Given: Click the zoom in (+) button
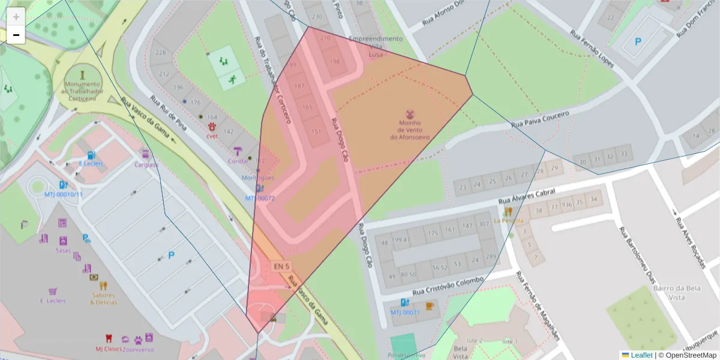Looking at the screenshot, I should click(16, 17).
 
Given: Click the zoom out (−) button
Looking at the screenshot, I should click(16, 35).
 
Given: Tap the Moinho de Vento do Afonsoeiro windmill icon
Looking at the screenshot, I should click(410, 113).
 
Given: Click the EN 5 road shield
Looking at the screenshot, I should click(281, 266).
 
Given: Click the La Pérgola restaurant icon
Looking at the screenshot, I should click(508, 211).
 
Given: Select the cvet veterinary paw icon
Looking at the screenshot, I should click(212, 127).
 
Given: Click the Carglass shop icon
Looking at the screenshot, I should click(145, 154).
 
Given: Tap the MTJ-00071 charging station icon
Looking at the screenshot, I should click(405, 303).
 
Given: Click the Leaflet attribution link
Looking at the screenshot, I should click(641, 355).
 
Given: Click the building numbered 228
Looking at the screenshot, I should click(161, 53).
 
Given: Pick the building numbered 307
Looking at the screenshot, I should click(484, 224).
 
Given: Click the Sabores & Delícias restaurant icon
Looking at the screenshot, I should click(103, 286).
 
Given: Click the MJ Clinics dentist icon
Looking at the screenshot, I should click(109, 338).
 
